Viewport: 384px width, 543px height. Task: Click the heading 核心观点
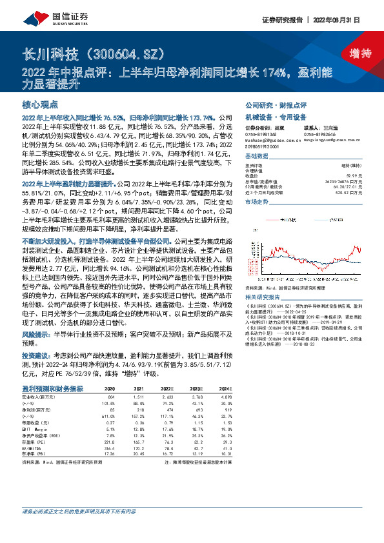(x=41, y=104)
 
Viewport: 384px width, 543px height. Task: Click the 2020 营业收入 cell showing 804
(x=109, y=397)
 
